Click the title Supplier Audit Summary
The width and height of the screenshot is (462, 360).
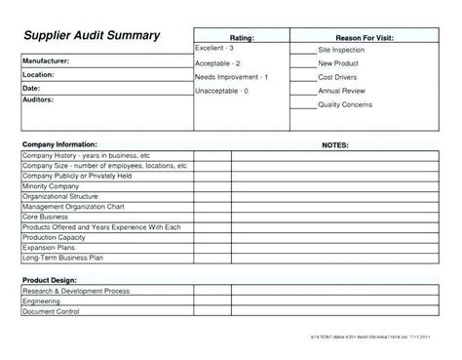click(x=92, y=35)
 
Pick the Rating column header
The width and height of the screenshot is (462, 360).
click(x=242, y=36)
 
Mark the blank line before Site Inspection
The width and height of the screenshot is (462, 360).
click(x=306, y=50)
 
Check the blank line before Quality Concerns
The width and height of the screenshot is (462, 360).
click(x=306, y=106)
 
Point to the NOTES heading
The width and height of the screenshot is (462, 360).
click(x=335, y=144)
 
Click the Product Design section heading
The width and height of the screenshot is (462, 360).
click(x=50, y=279)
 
